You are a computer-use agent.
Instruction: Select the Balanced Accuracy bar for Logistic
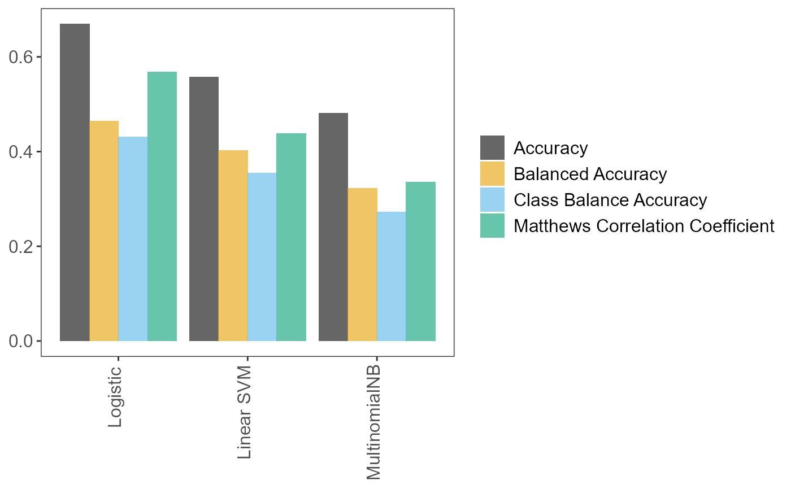point(104,231)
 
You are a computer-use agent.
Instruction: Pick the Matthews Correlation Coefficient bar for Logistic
point(162,207)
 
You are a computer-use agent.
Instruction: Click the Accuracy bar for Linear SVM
point(204,209)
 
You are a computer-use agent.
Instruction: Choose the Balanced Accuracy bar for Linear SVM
point(233,246)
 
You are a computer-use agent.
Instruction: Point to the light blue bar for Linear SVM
point(262,257)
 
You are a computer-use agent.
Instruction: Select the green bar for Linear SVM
point(292,237)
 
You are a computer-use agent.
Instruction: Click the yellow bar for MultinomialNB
point(363,264)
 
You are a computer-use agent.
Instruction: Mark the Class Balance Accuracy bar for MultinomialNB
point(392,276)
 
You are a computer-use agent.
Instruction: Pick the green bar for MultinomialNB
point(421,261)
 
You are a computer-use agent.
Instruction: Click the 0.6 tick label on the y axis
point(21,58)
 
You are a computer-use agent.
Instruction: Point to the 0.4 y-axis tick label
point(21,152)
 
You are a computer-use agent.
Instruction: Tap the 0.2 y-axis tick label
point(21,247)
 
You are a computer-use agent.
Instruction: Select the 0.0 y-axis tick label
point(21,341)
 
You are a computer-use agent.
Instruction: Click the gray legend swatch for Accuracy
point(492,148)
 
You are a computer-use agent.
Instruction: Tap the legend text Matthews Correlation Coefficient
point(644,226)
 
